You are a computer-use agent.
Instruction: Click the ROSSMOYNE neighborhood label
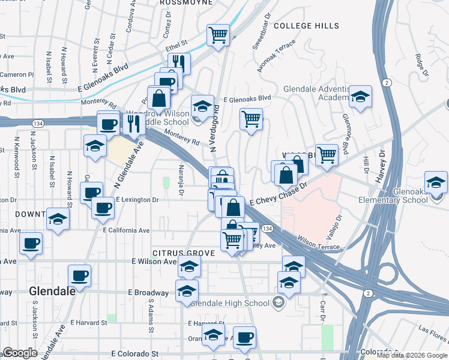(x=186, y=3)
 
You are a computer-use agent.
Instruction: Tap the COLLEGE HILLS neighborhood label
(x=306, y=26)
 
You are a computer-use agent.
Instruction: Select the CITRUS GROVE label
(x=183, y=254)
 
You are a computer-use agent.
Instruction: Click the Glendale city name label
(x=52, y=291)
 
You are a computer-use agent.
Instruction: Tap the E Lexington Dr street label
(x=137, y=199)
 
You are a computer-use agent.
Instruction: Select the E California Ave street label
(x=126, y=230)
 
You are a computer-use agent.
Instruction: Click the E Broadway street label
(x=148, y=292)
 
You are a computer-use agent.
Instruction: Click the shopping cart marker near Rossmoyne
(x=218, y=35)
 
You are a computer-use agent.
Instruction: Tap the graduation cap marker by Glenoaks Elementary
(x=436, y=182)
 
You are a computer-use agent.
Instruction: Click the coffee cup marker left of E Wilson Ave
(x=31, y=244)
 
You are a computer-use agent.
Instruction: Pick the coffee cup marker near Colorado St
(x=244, y=337)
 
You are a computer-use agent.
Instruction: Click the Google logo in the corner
(x=20, y=353)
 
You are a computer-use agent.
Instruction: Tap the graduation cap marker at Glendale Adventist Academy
(x=360, y=97)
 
